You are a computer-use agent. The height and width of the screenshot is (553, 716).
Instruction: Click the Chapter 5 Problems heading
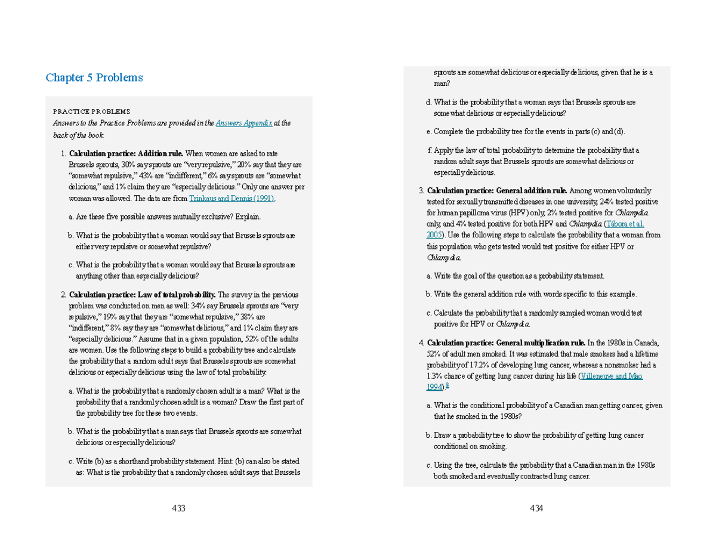point(94,78)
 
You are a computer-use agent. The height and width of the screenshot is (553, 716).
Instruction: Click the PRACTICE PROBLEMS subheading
point(91,112)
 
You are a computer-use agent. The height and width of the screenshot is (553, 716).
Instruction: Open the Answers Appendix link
point(244,123)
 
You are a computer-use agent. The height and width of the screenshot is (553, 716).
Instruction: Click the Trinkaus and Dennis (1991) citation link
point(232,198)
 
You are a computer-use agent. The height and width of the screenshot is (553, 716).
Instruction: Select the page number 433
point(178,508)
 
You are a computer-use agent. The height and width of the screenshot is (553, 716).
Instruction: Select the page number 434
point(536,508)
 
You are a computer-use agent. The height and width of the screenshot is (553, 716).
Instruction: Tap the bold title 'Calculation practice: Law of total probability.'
point(143,295)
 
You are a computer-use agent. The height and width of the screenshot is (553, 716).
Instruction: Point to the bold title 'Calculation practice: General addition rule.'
point(498,191)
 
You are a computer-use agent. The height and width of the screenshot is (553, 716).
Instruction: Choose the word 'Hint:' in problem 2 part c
point(204,462)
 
